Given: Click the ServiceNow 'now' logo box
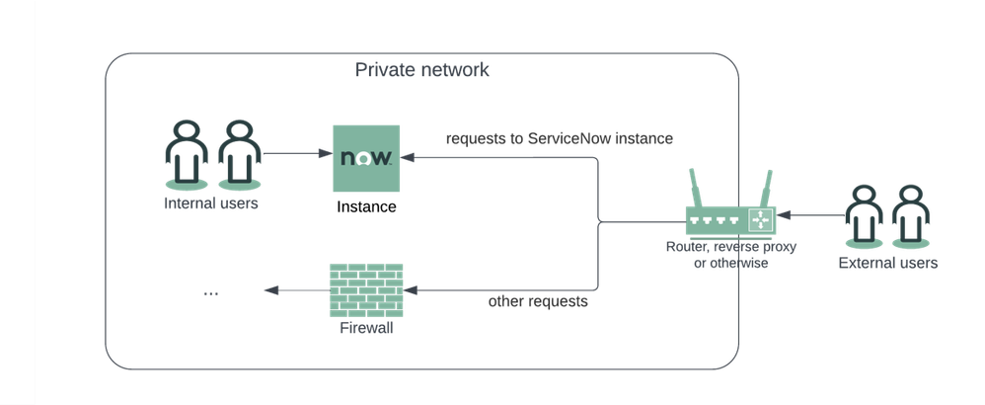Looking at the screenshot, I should tap(365, 157).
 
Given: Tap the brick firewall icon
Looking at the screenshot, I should tap(365, 289).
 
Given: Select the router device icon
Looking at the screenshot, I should tap(731, 218).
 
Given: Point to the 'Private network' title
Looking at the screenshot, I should tap(421, 71).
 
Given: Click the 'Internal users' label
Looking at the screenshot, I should tap(211, 203).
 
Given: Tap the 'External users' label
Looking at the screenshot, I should tap(887, 263).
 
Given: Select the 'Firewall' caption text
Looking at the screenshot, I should tap(366, 327).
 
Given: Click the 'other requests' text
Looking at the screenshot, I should tap(538, 301).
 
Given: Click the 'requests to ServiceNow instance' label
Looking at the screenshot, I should tap(559, 139).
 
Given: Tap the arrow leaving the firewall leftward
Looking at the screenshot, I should tap(295, 290).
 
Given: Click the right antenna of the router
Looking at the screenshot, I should tap(766, 187).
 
